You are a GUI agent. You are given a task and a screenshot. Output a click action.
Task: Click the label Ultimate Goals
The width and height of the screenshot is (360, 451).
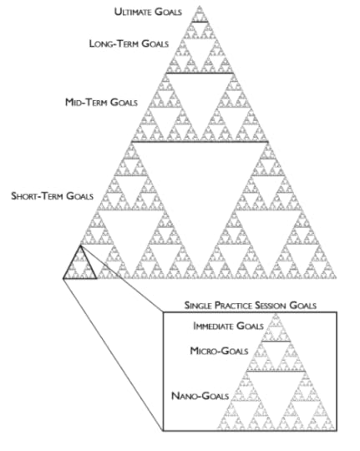click(150, 12)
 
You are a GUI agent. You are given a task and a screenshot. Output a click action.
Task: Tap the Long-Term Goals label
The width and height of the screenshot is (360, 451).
click(129, 43)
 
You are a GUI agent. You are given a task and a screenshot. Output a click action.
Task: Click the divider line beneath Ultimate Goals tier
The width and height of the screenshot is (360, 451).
click(199, 22)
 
